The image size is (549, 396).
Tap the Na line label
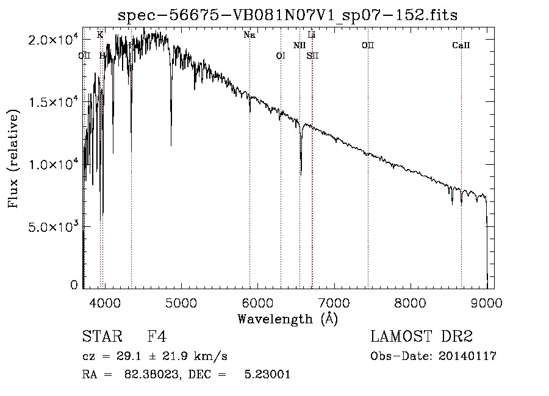(249, 35)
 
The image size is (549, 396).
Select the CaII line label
(461, 45)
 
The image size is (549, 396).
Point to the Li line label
(312, 35)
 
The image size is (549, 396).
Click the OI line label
(281, 56)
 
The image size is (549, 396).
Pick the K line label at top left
(100, 35)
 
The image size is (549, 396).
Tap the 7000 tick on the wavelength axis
(334, 302)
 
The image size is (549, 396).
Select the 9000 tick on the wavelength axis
(486, 302)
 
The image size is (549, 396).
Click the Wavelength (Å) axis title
(287, 319)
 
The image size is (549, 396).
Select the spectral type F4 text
(157, 337)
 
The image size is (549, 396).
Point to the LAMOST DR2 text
(422, 337)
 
